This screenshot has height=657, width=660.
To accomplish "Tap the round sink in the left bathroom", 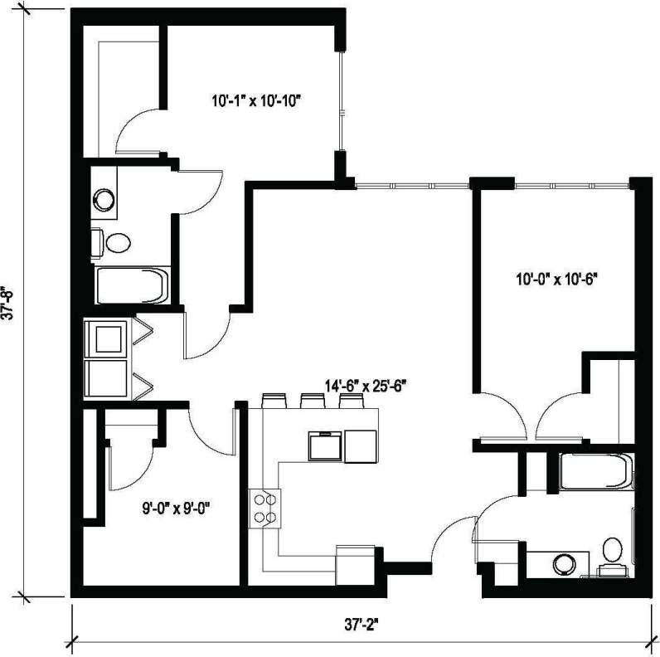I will tap(104, 199).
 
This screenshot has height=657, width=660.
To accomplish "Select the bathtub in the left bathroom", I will tap(132, 286).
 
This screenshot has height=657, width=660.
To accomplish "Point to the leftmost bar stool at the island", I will tap(273, 401).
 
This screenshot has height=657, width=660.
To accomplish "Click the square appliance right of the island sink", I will tap(361, 446).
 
